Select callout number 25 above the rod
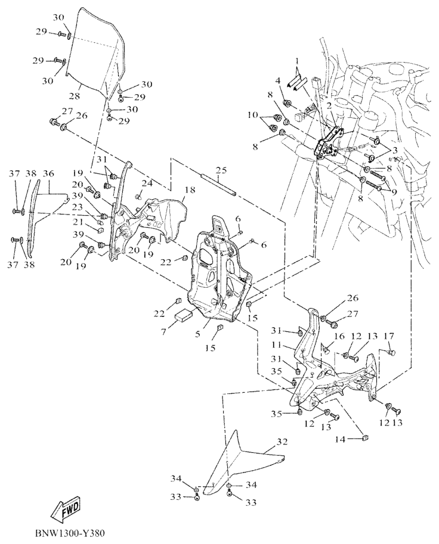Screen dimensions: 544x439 click(x=222, y=170)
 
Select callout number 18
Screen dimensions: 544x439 click(x=190, y=190)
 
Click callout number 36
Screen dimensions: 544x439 click(x=49, y=173)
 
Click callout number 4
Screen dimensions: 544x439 click(x=278, y=80)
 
